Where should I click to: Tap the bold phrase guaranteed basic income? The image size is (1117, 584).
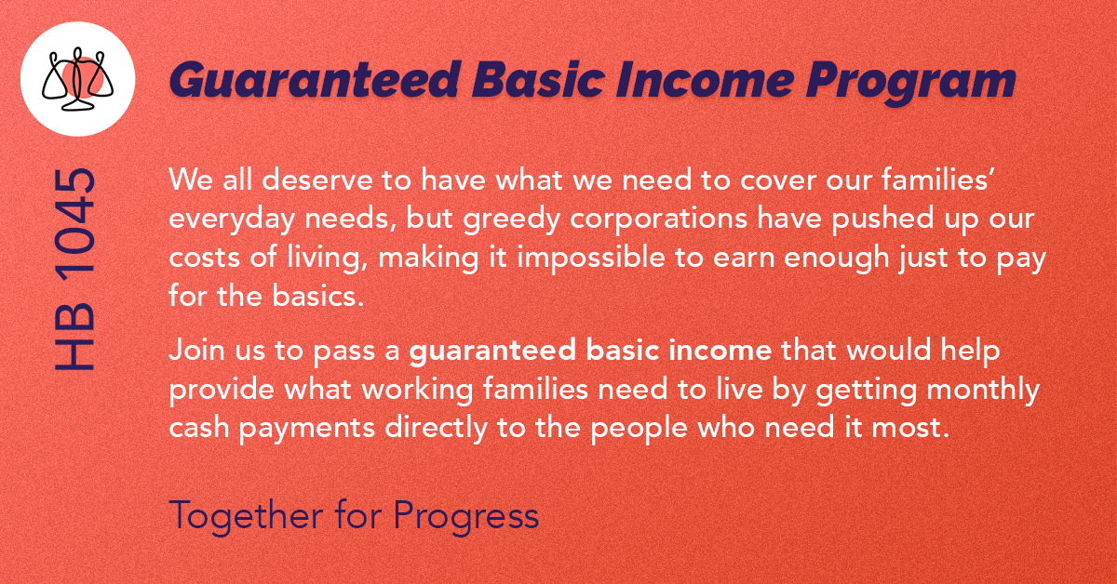(x=590, y=352)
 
